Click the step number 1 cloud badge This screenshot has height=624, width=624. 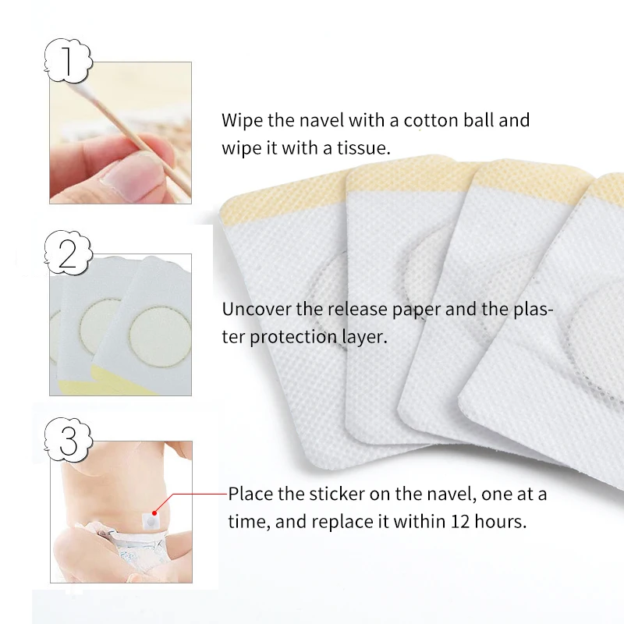point(68,61)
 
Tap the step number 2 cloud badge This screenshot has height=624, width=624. point(68,253)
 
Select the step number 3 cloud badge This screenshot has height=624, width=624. point(68,440)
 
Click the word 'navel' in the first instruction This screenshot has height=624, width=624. point(322,120)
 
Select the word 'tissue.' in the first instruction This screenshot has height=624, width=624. point(363,148)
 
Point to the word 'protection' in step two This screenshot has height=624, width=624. point(293,337)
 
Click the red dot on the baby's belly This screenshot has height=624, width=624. point(154,513)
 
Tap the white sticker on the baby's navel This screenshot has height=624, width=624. point(151,521)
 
